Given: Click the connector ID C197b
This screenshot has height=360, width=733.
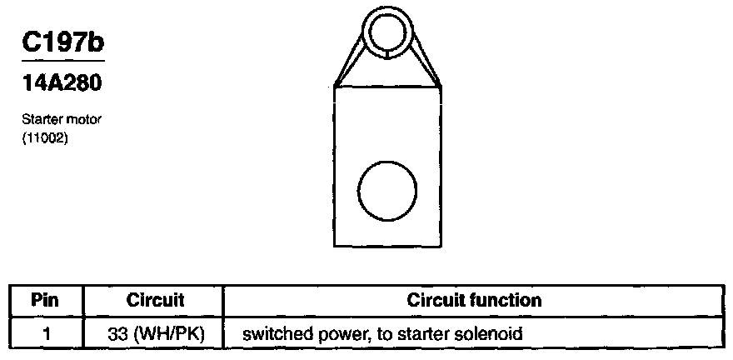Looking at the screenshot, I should pyautogui.click(x=63, y=43).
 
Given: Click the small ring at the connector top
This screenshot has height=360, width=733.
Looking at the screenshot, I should pyautogui.click(x=389, y=33).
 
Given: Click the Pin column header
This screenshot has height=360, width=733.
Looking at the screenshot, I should pyautogui.click(x=45, y=300).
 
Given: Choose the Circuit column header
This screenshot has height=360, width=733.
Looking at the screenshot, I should pyautogui.click(x=154, y=300).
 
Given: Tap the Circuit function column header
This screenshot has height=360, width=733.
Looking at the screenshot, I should pyautogui.click(x=474, y=300).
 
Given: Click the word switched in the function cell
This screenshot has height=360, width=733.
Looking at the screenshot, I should pyautogui.click(x=272, y=335).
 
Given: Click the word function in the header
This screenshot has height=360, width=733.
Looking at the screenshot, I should pyautogui.click(x=508, y=300).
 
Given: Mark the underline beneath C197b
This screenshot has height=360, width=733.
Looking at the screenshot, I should pyautogui.click(x=63, y=62).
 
